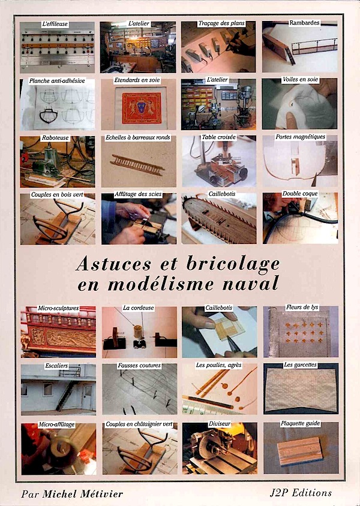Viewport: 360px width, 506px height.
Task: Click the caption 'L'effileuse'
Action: [55, 24]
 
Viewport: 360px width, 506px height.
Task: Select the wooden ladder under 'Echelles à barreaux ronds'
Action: [137, 164]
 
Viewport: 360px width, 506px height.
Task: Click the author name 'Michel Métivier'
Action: [83, 494]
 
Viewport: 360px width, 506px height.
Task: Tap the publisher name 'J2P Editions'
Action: [301, 493]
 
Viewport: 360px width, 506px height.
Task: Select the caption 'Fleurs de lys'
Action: [302, 307]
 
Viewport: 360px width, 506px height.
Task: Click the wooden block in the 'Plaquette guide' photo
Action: [300, 451]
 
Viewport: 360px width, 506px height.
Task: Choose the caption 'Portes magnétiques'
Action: [300, 137]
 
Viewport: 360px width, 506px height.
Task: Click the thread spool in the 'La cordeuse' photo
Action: [139, 332]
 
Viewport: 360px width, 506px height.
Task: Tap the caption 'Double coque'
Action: [300, 194]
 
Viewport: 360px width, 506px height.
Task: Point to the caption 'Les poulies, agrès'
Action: [218, 365]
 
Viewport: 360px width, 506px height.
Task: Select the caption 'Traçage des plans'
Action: [221, 23]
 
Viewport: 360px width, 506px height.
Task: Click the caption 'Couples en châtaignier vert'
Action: [139, 424]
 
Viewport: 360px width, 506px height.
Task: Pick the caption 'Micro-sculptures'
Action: [58, 308]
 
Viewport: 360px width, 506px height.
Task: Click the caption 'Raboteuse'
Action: [55, 138]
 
